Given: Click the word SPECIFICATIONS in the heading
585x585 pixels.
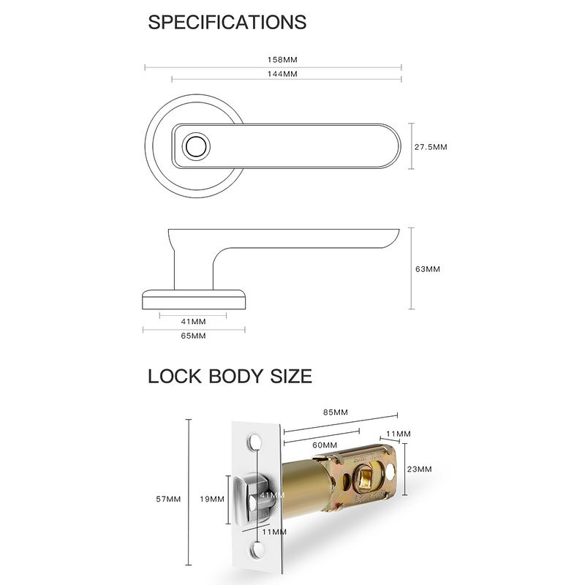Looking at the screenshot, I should (227, 22).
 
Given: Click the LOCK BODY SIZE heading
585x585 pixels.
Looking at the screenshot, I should (230, 377).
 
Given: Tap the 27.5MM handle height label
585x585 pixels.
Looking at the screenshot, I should (431, 147).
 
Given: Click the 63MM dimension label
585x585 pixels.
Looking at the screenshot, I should (428, 268).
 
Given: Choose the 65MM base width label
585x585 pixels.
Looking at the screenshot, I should (193, 336).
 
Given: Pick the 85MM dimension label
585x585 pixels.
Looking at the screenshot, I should (336, 412).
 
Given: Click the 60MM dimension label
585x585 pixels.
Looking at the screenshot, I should (324, 445).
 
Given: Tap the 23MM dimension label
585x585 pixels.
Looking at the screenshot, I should (419, 469).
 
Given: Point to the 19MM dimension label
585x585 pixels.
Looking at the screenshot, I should (213, 499).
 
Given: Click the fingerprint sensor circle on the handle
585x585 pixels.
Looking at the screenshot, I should (196, 146).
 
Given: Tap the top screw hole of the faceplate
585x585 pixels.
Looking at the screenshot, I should (255, 442).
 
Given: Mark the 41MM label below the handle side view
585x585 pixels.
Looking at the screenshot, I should (193, 321).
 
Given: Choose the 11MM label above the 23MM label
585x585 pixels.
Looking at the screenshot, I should (399, 434).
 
